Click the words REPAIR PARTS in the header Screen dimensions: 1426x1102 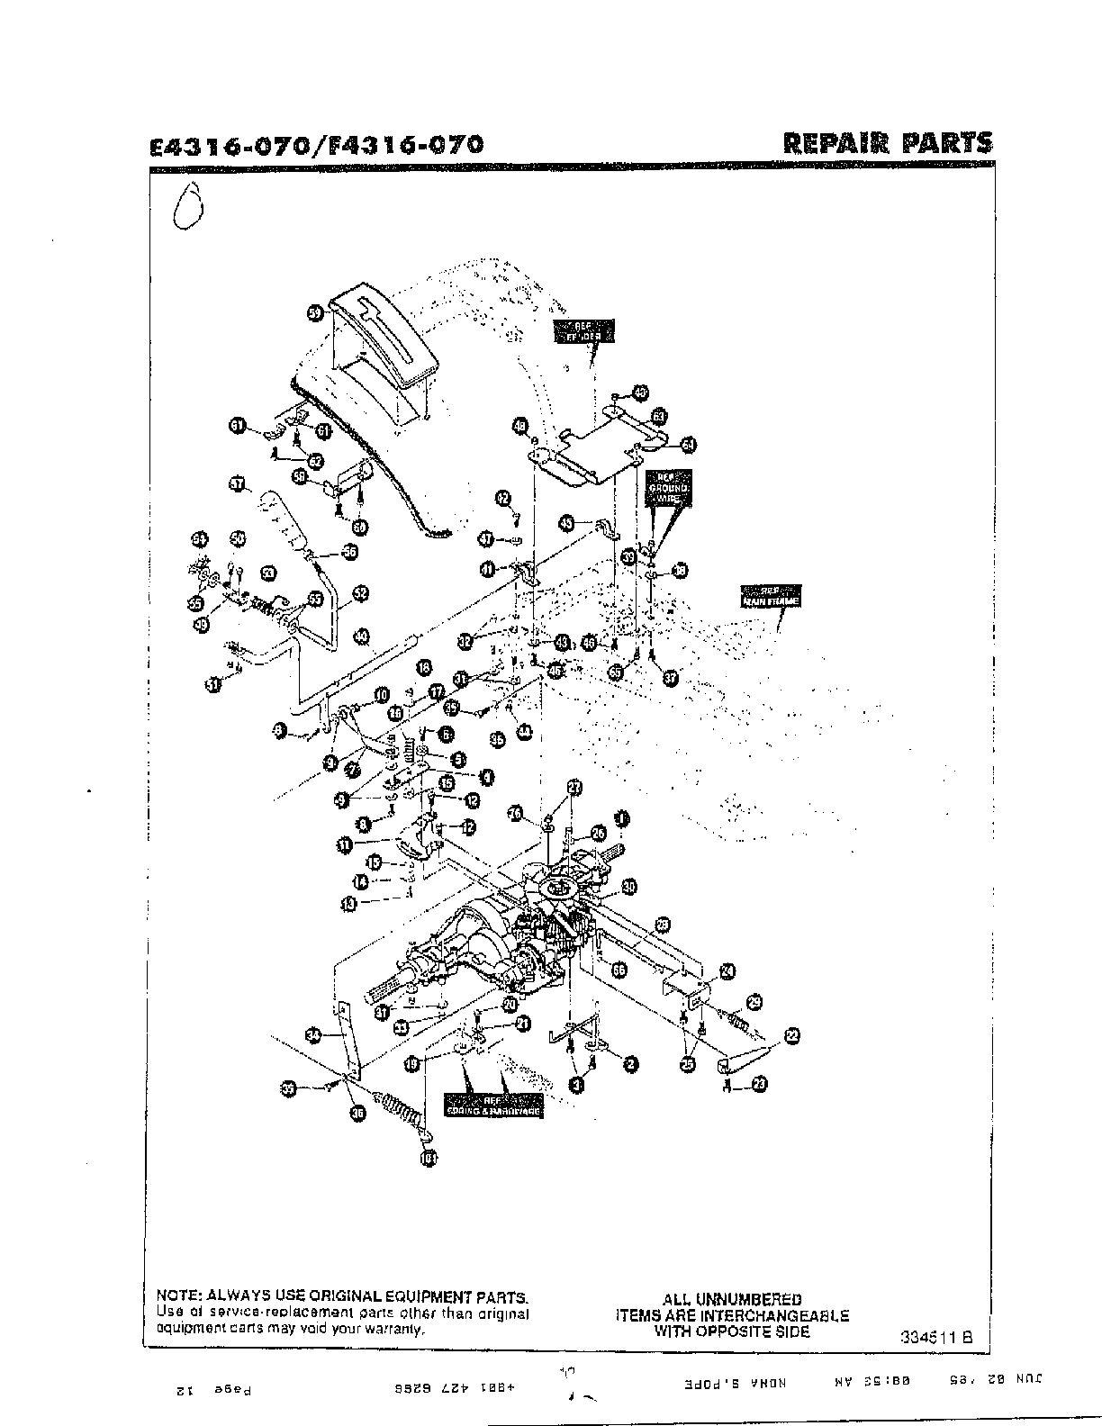(x=888, y=143)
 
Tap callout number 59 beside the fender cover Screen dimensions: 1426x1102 (x=314, y=312)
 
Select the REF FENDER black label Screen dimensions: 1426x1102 (x=584, y=331)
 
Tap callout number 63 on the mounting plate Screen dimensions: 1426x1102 (x=660, y=417)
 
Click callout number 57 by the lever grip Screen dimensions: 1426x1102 (x=237, y=484)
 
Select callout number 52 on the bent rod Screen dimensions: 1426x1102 (x=360, y=593)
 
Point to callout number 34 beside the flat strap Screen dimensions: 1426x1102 (x=312, y=1036)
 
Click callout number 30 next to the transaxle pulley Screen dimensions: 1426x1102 (x=628, y=887)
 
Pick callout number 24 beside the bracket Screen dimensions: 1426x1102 (x=727, y=970)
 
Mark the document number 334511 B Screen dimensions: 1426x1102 (x=936, y=1337)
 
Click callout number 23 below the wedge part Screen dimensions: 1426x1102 (x=759, y=1085)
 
